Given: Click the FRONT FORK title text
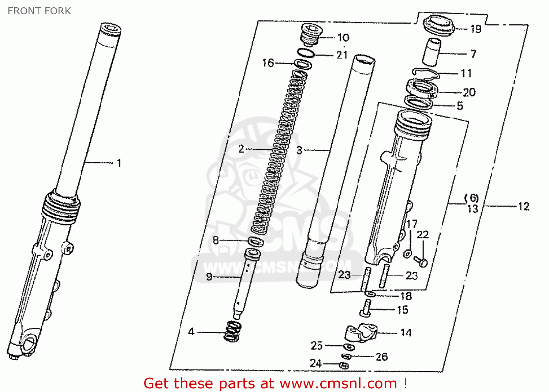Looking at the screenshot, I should click(39, 11).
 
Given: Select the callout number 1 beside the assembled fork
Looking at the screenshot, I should click(119, 163).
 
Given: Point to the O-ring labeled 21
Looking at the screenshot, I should click(306, 53).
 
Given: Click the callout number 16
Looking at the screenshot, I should click(268, 63).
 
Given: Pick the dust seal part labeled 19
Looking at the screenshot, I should click(438, 26).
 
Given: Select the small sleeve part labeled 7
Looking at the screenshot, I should click(432, 52).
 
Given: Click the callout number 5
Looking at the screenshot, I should click(460, 106).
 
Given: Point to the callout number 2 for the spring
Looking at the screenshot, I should click(241, 149).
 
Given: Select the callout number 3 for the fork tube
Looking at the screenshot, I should click(299, 150).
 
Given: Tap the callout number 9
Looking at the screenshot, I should click(209, 277).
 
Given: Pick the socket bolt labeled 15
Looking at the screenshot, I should click(366, 308).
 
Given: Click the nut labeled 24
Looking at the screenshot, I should click(344, 365).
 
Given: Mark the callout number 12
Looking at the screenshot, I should click(524, 206).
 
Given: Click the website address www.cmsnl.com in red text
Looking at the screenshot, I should click(338, 384).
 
